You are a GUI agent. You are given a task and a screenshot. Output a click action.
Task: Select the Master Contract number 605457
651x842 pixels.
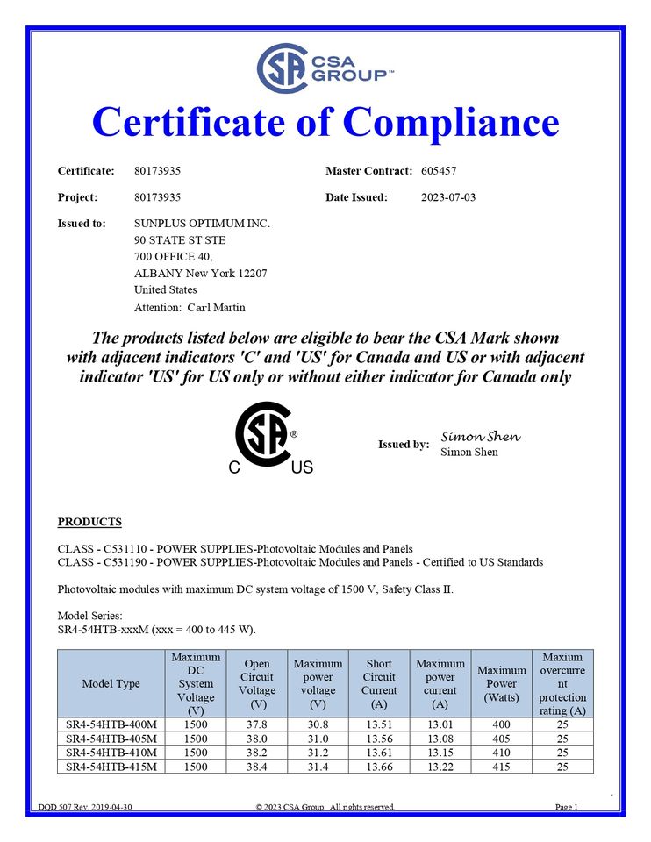click(x=439, y=171)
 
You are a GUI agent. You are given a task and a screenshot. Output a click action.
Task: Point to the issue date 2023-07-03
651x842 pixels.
click(x=448, y=197)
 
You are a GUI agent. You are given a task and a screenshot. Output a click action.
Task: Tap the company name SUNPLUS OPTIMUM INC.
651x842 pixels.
click(x=202, y=224)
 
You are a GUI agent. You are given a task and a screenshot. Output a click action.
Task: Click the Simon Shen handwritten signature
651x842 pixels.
click(x=480, y=437)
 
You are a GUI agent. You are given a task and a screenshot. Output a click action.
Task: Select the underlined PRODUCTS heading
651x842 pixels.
click(x=89, y=522)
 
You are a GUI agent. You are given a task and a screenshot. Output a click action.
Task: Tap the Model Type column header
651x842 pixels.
click(x=111, y=684)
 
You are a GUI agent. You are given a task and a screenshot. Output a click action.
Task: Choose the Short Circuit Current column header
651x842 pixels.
click(x=379, y=684)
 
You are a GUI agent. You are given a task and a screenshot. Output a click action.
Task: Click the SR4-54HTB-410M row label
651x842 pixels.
click(x=111, y=753)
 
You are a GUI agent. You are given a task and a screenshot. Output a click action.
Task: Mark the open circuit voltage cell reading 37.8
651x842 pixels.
click(x=258, y=724)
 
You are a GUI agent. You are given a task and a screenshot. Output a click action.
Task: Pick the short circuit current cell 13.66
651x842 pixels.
click(x=379, y=767)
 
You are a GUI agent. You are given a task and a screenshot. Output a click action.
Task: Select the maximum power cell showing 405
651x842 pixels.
click(x=501, y=739)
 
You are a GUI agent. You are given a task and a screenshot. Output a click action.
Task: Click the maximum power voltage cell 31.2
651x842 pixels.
click(x=318, y=753)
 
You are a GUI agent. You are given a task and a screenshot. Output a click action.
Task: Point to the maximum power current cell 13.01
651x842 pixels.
click(x=440, y=724)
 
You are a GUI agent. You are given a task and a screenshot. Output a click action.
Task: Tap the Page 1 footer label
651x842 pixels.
click(x=567, y=807)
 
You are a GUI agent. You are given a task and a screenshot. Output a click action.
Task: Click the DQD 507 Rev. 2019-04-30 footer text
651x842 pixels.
click(x=85, y=807)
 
